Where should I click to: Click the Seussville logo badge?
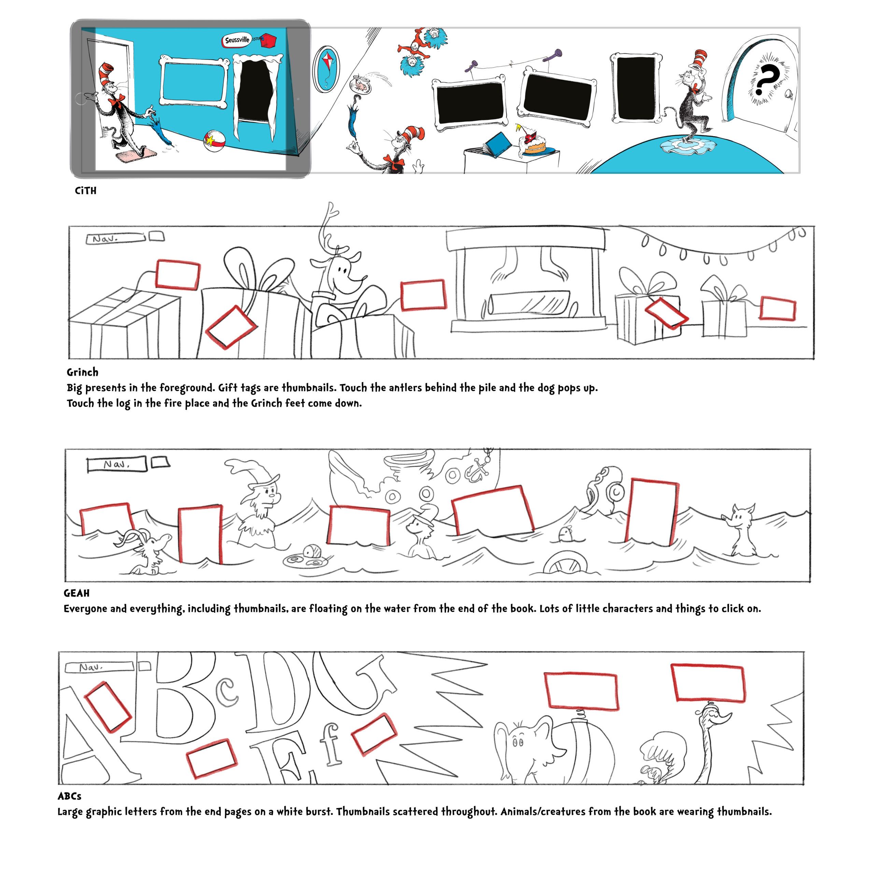(x=237, y=40)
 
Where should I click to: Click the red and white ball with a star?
(x=214, y=140)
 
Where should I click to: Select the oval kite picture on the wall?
(x=327, y=68)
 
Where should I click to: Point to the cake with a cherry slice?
(x=534, y=143)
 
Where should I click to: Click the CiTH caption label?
(x=85, y=191)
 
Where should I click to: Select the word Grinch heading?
(x=82, y=372)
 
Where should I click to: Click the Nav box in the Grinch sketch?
(x=115, y=238)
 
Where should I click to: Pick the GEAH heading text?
(x=76, y=593)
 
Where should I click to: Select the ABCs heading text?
(x=69, y=796)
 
